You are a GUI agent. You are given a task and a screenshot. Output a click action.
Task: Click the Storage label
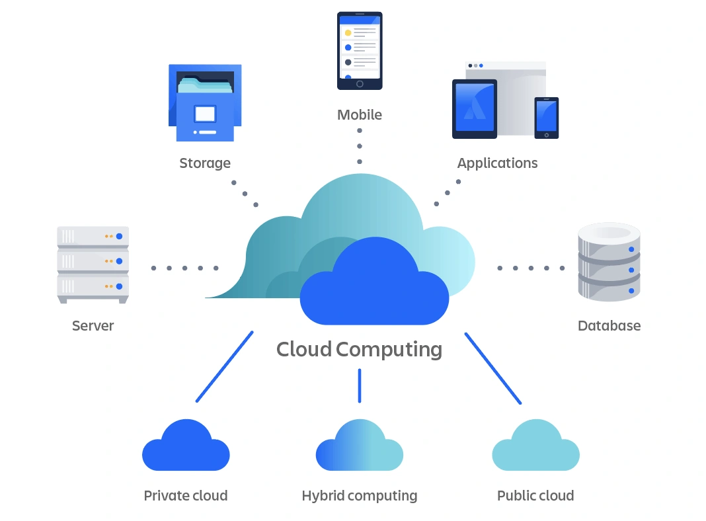coord(205,163)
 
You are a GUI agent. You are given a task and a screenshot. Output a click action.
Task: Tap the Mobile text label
coord(359,115)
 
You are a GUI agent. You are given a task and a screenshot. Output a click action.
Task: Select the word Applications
coord(497,163)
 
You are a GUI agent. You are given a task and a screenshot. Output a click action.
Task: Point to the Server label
coord(93,325)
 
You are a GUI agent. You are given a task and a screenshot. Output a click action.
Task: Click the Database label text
coord(609,325)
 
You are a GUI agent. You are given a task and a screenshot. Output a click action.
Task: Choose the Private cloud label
coord(185,495)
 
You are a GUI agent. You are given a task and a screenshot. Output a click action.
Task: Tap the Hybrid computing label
coord(359,495)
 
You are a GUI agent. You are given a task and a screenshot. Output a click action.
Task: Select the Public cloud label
coord(535,495)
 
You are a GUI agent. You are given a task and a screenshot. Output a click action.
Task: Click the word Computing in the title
coord(389,349)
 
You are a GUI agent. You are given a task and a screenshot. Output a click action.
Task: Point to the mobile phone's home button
coord(360,84)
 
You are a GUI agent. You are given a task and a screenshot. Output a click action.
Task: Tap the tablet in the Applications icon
coord(474,109)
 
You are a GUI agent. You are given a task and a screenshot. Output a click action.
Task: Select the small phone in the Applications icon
coord(546,117)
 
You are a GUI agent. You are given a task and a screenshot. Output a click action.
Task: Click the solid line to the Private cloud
coord(225,366)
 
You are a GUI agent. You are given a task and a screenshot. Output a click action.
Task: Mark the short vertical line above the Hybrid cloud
coord(360,385)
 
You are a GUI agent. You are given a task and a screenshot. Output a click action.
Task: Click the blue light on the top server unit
coord(119,236)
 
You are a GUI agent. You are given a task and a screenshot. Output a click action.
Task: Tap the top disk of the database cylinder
coord(609,233)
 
